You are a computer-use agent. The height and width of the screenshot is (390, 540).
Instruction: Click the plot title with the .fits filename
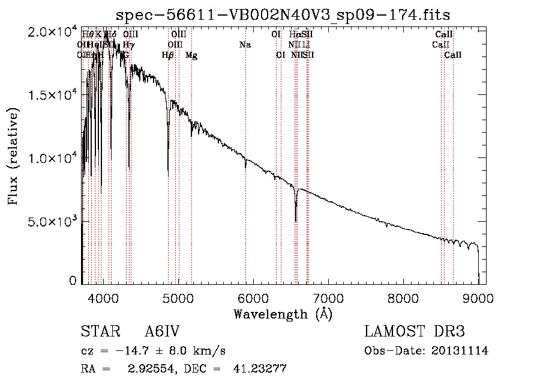coord(283,14)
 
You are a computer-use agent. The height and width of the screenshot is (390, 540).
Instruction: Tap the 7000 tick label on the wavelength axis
coord(328,297)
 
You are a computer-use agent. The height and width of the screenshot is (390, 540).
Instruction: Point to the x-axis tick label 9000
coord(478,297)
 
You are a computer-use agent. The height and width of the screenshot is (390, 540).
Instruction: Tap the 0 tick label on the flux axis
coord(73,280)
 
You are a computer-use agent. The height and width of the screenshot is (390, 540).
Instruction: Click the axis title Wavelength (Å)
coord(283,314)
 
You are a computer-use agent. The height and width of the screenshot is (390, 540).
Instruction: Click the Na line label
coord(245,44)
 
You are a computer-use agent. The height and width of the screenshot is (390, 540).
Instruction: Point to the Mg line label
coord(191,55)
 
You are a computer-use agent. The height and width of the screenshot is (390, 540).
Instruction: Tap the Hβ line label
coord(168,55)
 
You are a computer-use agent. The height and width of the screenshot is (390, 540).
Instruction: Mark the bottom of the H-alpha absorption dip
coord(296,221)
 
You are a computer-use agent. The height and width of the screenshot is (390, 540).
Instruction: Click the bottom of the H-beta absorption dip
coord(168,175)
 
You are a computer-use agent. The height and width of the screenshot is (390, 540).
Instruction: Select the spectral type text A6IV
coord(162,332)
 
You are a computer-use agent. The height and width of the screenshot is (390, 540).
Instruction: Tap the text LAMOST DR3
coord(414,332)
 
